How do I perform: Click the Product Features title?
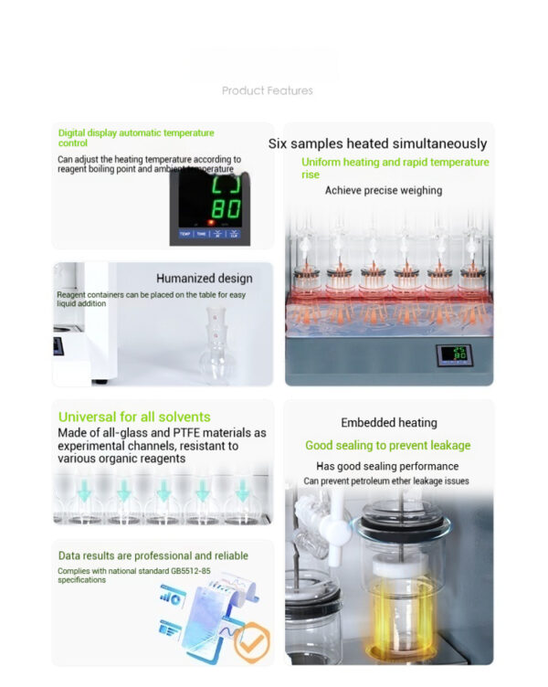tap(268, 90)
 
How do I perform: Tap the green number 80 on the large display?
tap(226, 209)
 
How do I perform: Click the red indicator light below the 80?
tap(211, 223)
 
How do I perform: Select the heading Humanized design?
tap(205, 279)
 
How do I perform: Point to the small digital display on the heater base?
tap(454, 354)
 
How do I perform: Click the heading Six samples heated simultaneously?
tap(377, 143)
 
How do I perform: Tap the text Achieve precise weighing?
tap(384, 191)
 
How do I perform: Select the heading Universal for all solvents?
tap(134, 417)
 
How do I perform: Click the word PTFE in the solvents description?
tap(185, 433)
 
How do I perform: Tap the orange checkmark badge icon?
tap(251, 642)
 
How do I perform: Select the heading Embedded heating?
tap(389, 423)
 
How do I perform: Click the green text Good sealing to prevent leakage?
tap(387, 446)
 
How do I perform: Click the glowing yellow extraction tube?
tap(399, 616)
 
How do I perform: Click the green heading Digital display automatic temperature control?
tap(136, 138)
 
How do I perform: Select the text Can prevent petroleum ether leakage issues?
tap(386, 481)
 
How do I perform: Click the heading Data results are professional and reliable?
tap(153, 555)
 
